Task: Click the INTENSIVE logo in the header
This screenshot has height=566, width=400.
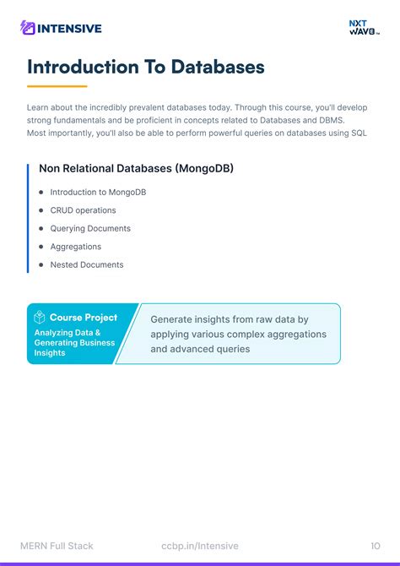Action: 61,28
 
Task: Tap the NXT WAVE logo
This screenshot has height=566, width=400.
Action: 365,28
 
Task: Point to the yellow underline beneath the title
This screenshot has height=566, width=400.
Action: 57,86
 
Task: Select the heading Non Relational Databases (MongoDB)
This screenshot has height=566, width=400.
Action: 136,168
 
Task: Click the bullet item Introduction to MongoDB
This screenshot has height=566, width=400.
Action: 98,192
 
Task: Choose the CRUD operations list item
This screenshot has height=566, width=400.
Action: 83,210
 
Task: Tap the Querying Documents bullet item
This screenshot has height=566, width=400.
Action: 90,228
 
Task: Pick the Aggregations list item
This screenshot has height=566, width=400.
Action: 76,247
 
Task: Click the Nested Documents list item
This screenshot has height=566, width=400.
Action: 87,264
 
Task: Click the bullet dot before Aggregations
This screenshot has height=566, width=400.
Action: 41,247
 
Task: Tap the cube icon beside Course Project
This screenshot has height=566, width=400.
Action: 40,318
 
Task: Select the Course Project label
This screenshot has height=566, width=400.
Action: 84,318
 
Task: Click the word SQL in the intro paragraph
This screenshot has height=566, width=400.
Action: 359,133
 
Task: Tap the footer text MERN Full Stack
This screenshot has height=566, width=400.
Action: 57,546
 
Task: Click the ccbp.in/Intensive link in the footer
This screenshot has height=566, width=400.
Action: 200,546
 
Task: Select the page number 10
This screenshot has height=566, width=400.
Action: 376,546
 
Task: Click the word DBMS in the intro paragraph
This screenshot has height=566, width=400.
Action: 332,121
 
